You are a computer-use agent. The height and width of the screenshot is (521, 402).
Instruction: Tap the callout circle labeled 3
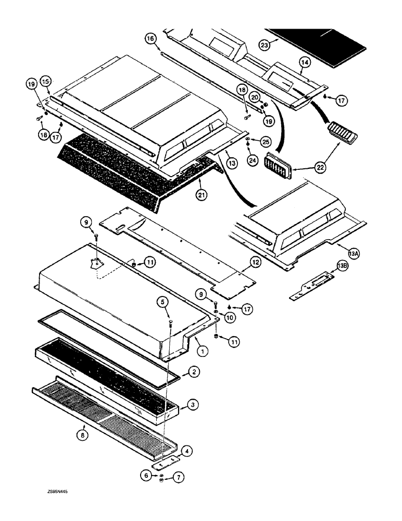(x=193, y=404)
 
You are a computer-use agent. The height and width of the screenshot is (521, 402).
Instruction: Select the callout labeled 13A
(x=354, y=254)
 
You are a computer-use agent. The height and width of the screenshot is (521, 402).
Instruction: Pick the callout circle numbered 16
(x=150, y=39)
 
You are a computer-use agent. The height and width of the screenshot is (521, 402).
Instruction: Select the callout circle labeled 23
(x=265, y=45)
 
